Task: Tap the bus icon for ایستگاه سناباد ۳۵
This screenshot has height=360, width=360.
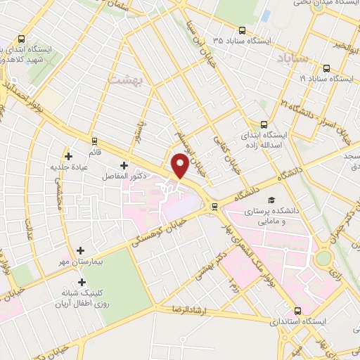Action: [242, 30]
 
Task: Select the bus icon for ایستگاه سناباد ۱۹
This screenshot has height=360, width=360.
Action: [327, 69]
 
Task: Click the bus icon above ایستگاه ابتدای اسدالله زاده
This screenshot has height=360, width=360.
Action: [264, 122]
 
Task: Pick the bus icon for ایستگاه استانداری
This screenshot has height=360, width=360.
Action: [298, 310]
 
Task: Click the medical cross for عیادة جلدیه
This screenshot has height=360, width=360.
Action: [68, 156]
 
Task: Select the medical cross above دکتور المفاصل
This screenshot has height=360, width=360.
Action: [125, 165]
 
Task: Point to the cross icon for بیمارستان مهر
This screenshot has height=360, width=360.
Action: [81, 250]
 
